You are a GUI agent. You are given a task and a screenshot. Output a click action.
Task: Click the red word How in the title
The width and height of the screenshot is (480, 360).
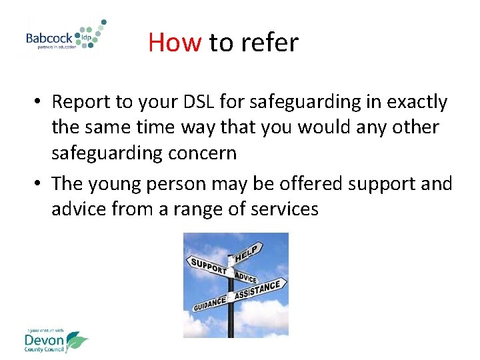pyautogui.click(x=175, y=43)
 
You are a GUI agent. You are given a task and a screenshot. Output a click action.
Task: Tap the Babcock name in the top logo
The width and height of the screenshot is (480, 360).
pyautogui.click(x=50, y=38)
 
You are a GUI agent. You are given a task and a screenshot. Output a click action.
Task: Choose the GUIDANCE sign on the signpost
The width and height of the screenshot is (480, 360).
pyautogui.click(x=209, y=303)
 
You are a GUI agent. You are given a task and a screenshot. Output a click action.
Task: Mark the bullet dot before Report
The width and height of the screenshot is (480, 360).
pyautogui.click(x=40, y=103)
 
